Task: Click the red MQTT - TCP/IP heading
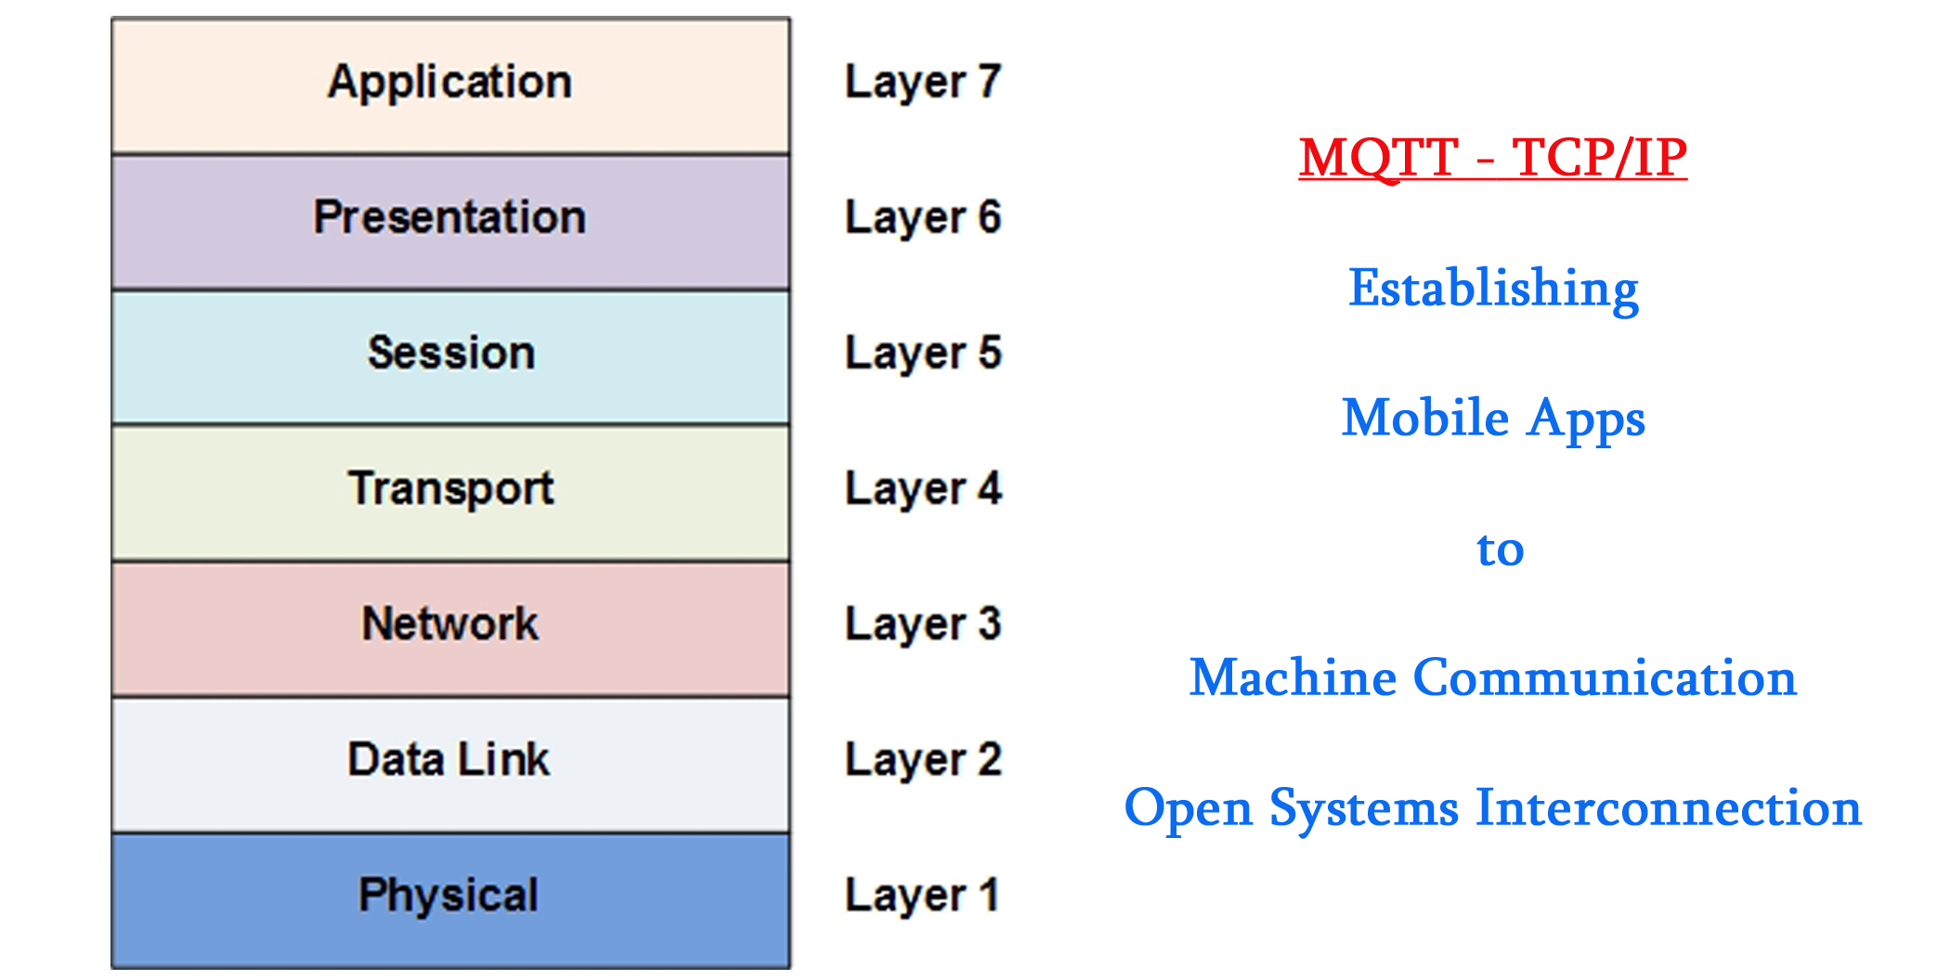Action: point(1492,158)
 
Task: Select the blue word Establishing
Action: point(1493,289)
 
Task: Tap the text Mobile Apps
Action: point(1493,419)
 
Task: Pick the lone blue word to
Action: point(1500,549)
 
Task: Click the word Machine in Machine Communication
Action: point(1293,678)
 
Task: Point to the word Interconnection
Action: point(1669,808)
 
